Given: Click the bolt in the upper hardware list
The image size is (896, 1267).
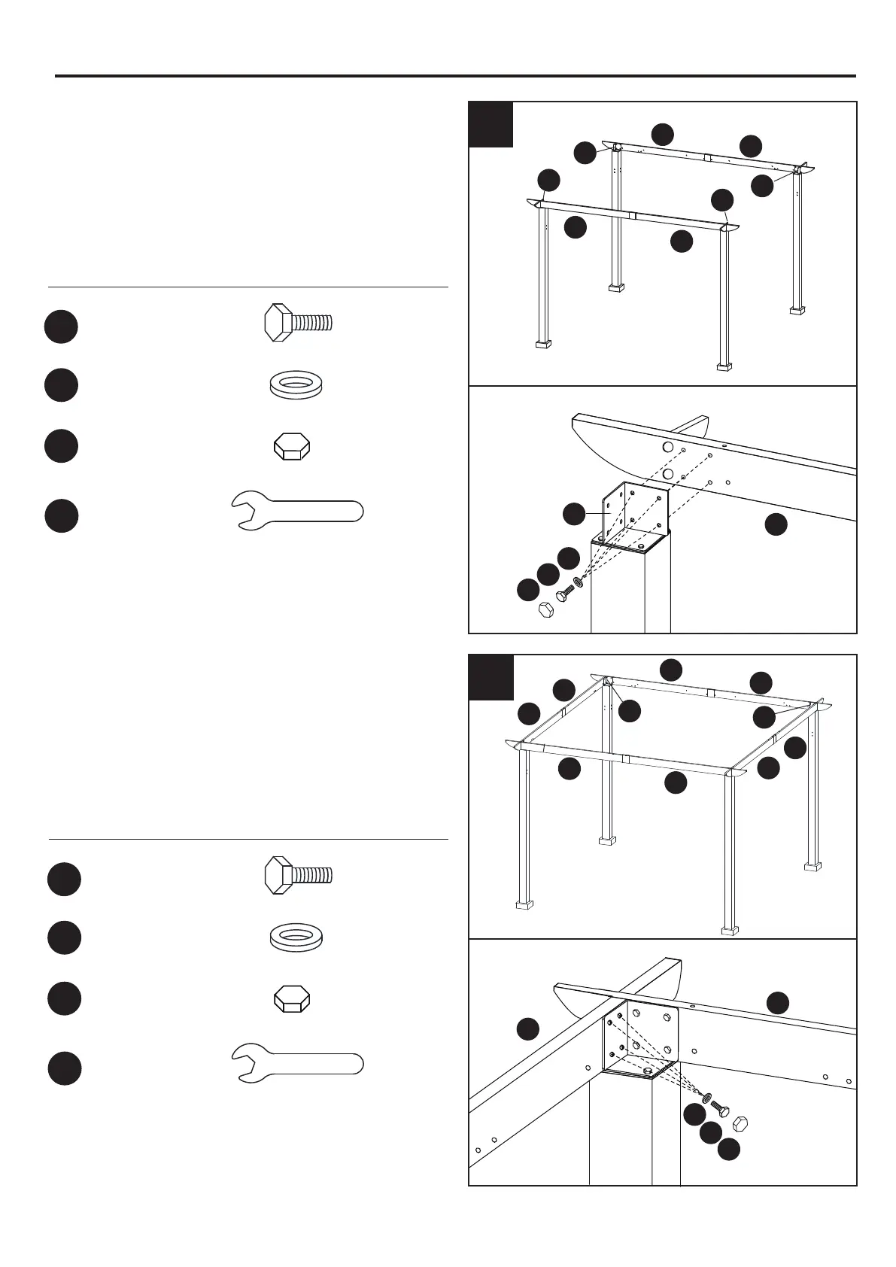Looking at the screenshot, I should pos(298,323).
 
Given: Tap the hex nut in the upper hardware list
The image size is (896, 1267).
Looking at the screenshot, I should pos(290,446).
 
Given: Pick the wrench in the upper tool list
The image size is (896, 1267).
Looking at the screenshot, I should pos(296,511).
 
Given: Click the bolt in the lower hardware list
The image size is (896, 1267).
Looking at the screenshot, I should pos(298,875).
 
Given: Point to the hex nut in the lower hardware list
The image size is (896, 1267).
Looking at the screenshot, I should pos(290,999).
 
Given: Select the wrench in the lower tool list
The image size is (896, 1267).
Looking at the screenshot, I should pos(296,1063).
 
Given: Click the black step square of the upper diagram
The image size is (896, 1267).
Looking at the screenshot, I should pos(491,124).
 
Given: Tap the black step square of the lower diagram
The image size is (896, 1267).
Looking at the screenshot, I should pos(491,677).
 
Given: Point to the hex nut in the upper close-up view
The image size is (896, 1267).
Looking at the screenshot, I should pos(547,609).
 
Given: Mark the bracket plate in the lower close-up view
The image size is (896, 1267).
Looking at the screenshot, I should pos(641,1038).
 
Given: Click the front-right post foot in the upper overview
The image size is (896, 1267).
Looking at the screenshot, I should pos(724,366).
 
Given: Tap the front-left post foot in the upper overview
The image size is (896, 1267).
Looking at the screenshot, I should pos(543,344).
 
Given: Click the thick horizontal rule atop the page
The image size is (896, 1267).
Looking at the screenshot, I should pos(455,76).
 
